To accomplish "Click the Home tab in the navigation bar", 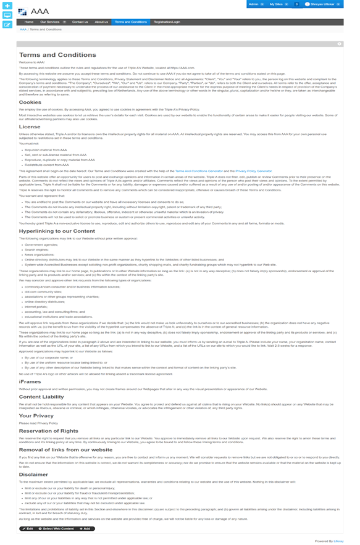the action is tap(29, 22).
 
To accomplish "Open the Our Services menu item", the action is tap(51, 22).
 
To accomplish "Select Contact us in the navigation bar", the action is tap(80, 22).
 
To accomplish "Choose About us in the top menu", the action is tap(101, 22).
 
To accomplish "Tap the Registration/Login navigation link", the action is tap(166, 22).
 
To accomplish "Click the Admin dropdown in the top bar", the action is tap(254, 4).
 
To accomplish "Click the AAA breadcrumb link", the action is tap(23, 29).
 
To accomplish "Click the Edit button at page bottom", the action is tap(27, 528).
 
